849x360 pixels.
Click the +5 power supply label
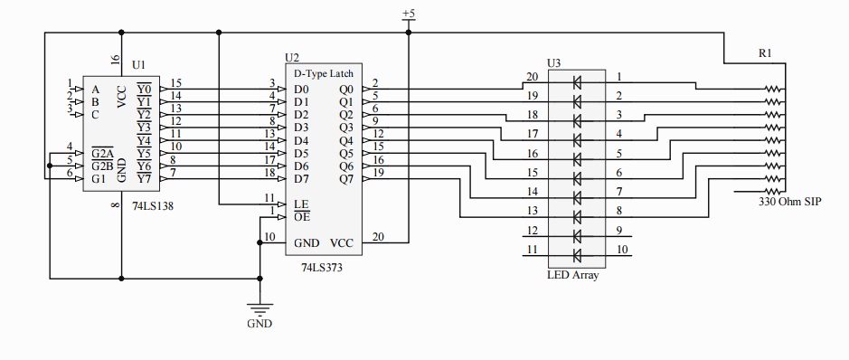click(x=408, y=14)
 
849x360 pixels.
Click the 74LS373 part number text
click(x=322, y=269)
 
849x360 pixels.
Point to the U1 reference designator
click(x=138, y=65)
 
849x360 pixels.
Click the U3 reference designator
click(x=554, y=63)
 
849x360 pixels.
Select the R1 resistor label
click(x=765, y=54)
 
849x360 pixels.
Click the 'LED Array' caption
click(x=572, y=275)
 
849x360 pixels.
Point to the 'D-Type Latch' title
click(x=324, y=72)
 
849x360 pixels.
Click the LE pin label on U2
click(x=301, y=204)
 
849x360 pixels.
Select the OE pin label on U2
click(x=301, y=216)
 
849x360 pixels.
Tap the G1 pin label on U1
click(x=99, y=178)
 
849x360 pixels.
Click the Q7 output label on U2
click(x=347, y=178)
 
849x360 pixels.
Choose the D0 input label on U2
click(x=301, y=90)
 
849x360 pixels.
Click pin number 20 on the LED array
click(x=533, y=77)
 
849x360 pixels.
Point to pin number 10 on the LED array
click(x=621, y=249)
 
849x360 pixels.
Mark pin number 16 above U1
click(x=115, y=60)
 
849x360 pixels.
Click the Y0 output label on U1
click(x=144, y=90)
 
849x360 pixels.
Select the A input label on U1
click(x=96, y=90)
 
